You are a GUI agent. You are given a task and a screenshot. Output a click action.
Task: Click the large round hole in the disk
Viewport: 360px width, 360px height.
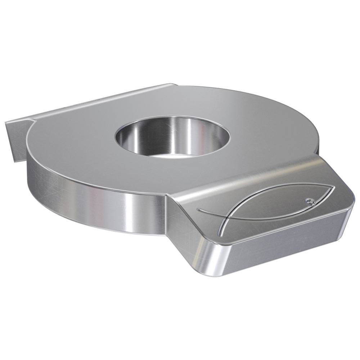click(172, 139)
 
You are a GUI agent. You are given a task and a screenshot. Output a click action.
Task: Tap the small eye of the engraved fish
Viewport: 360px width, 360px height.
click(309, 200)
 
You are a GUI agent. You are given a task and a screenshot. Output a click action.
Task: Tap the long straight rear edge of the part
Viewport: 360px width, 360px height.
click(101, 103)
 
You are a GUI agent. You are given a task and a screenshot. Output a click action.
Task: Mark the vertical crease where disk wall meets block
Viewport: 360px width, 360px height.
click(166, 216)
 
